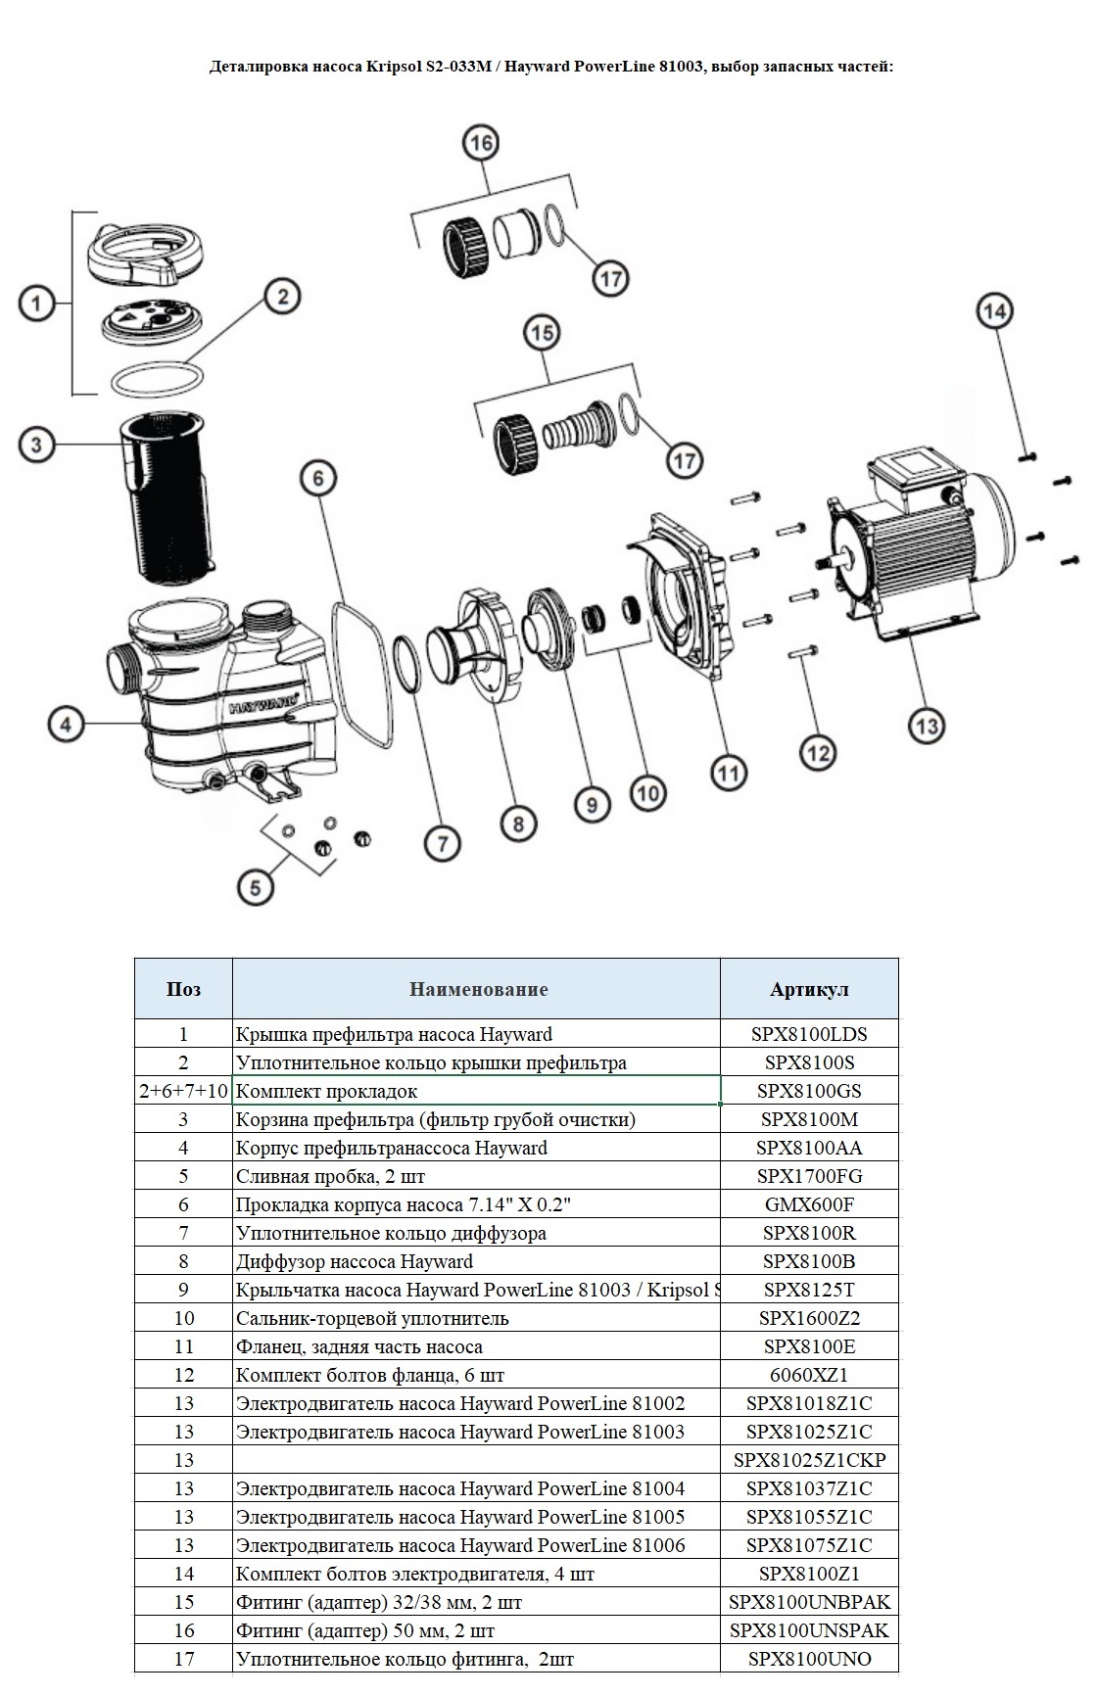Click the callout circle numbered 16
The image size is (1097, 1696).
coord(480,143)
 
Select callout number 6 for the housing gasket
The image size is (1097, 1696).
coord(318,480)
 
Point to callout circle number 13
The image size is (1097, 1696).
coord(926,726)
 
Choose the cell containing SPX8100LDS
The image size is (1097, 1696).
coord(809,1034)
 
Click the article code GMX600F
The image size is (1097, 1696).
coord(809,1204)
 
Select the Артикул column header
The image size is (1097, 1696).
coord(809,989)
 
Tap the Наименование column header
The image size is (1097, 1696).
coord(478,989)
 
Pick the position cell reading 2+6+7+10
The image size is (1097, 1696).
coord(183,1091)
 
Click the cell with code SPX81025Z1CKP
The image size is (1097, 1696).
coord(809,1460)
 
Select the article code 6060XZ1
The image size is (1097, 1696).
coord(809,1375)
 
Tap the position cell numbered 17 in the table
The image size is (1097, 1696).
coord(183,1659)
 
